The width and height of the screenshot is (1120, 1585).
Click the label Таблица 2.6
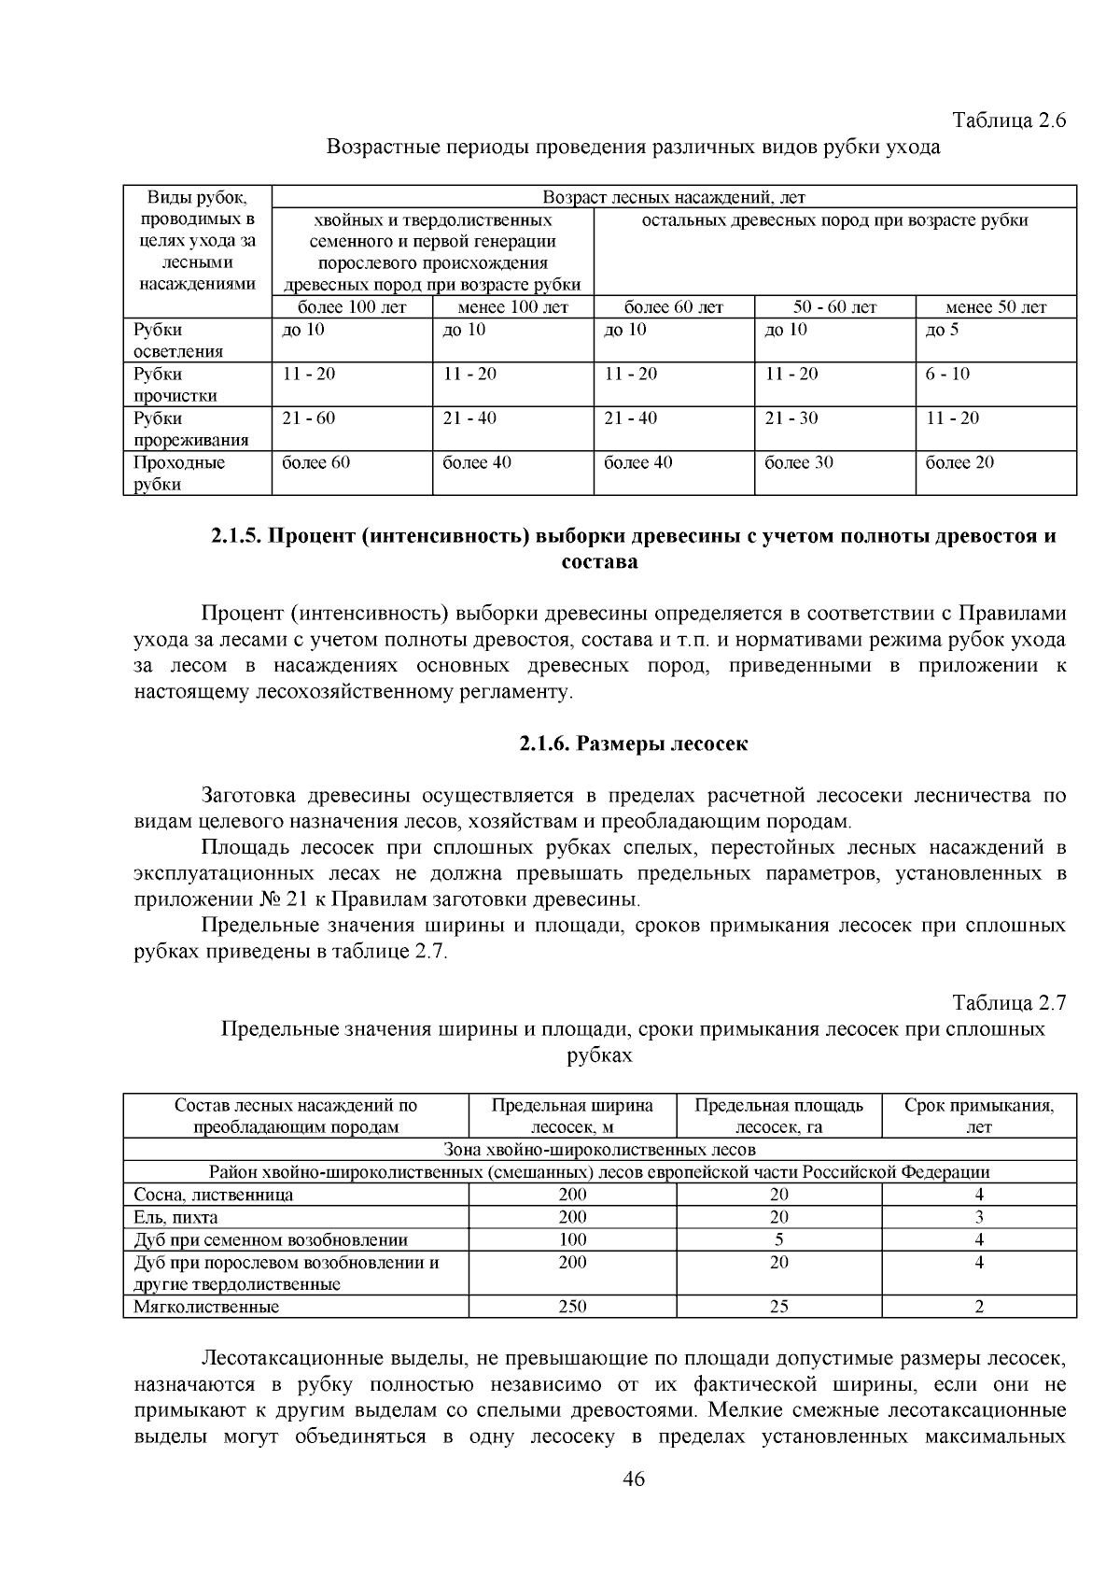click(1008, 120)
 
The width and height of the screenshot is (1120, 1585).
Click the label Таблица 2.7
click(1008, 1003)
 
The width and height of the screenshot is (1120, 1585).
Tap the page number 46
click(634, 1479)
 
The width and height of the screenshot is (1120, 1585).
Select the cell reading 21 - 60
click(309, 418)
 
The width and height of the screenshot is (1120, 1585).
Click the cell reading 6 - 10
click(947, 374)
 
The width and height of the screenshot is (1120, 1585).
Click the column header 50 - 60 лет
click(834, 307)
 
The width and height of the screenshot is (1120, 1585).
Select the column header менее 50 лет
click(995, 307)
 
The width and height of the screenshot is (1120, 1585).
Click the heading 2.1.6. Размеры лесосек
click(634, 744)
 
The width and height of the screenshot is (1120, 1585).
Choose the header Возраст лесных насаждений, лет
click(674, 197)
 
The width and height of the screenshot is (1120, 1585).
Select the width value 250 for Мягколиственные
click(572, 1307)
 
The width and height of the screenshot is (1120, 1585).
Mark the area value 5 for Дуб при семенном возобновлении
click(778, 1239)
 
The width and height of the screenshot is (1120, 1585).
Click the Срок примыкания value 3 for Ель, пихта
click(978, 1217)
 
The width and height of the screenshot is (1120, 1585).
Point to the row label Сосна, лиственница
click(213, 1195)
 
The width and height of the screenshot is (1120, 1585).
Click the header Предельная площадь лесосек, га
click(778, 1115)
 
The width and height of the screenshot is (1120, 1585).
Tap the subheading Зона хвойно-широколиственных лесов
click(599, 1150)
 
